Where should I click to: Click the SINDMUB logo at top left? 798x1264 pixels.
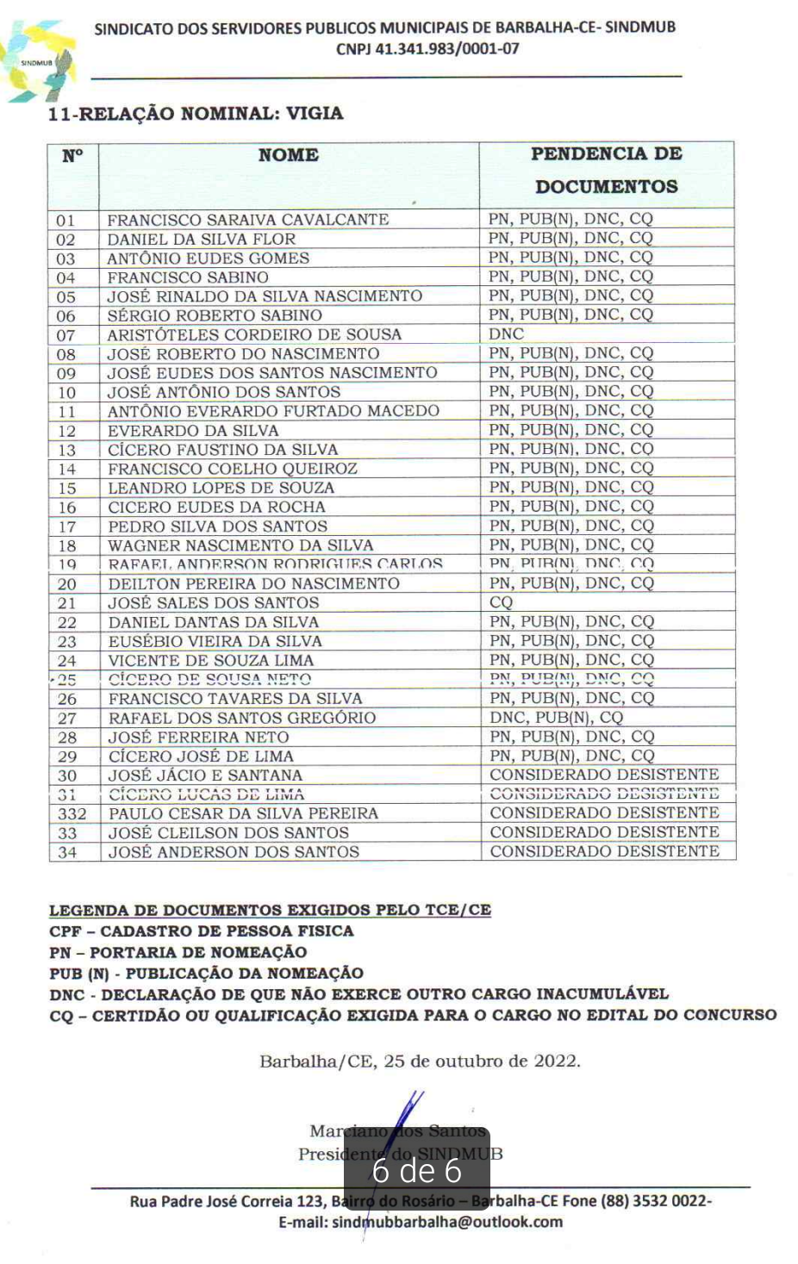click(x=39, y=62)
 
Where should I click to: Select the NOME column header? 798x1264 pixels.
click(x=288, y=155)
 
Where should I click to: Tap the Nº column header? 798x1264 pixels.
click(x=72, y=156)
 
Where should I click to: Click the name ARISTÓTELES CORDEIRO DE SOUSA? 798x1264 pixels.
click(x=254, y=334)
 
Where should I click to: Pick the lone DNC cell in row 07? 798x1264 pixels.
click(x=506, y=334)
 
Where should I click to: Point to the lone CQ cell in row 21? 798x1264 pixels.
click(x=501, y=602)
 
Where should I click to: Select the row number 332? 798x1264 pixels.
click(x=72, y=814)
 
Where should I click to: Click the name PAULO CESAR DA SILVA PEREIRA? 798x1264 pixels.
click(x=243, y=813)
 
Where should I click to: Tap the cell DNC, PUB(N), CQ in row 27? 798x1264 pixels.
click(x=556, y=718)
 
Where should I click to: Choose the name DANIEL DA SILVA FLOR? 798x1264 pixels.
click(x=201, y=240)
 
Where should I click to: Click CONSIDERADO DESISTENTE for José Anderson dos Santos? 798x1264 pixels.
click(x=604, y=851)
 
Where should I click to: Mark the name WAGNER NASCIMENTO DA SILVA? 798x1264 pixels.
click(x=240, y=545)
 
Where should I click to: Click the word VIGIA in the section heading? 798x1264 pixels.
click(x=315, y=114)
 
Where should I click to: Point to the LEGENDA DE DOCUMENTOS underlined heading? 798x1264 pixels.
click(x=270, y=910)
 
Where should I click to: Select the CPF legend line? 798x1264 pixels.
click(x=201, y=931)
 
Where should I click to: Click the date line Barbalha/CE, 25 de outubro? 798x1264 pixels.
click(x=420, y=1061)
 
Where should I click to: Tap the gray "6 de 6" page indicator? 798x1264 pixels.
click(x=417, y=1170)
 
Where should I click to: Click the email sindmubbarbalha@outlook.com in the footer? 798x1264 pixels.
click(x=421, y=1222)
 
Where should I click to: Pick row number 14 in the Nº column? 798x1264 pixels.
click(x=66, y=470)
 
